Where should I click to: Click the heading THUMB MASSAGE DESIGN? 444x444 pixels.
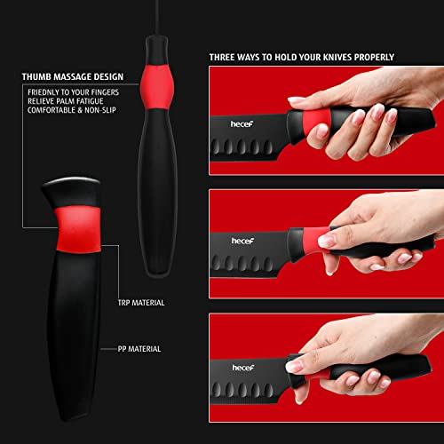72,76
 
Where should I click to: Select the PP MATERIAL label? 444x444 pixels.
139,349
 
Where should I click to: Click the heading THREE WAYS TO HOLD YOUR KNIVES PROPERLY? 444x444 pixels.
302,58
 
